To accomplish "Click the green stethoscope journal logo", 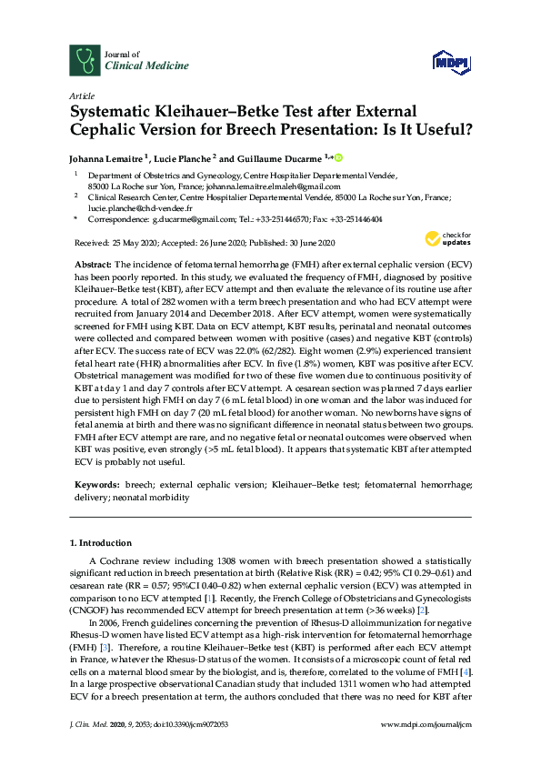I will click(85, 60).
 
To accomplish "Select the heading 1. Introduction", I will click(101, 543).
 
